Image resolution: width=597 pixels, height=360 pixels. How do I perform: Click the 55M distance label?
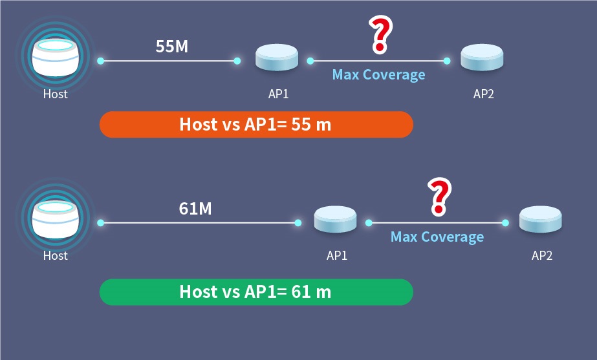(x=172, y=47)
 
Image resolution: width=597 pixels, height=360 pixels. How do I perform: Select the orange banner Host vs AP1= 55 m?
(x=255, y=124)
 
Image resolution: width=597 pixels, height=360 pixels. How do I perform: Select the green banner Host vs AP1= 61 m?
(x=255, y=291)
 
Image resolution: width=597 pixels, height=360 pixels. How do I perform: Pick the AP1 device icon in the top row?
(x=277, y=58)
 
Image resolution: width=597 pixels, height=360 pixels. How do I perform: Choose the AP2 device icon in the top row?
(x=483, y=58)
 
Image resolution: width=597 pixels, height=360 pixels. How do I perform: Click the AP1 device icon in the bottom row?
(x=336, y=220)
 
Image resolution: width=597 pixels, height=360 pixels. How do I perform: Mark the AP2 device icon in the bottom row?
(x=541, y=220)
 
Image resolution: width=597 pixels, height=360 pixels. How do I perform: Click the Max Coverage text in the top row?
(x=378, y=75)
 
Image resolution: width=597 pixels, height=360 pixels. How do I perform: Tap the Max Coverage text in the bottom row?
(x=437, y=237)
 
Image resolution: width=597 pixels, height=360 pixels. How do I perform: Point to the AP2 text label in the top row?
(x=484, y=94)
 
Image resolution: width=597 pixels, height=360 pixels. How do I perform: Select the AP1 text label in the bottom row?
(x=337, y=255)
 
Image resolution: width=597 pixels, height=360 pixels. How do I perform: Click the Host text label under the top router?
(x=55, y=94)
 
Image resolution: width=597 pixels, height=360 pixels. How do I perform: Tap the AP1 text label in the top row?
(x=278, y=94)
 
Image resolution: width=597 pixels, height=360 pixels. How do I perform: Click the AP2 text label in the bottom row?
(x=542, y=255)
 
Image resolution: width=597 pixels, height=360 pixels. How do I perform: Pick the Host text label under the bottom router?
(x=55, y=255)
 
